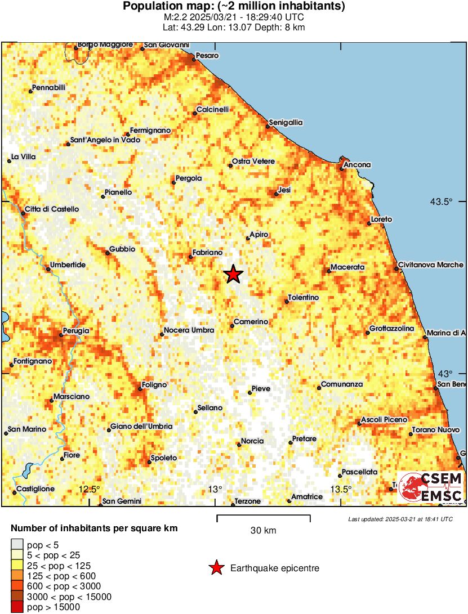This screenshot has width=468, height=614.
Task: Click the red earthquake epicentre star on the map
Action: coord(233,274)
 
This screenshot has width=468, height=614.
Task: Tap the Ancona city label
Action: coord(358,164)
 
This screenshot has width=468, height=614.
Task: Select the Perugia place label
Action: coord(76,331)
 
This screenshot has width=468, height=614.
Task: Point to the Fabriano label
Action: coord(207,253)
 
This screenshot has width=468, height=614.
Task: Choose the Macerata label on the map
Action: coord(347,267)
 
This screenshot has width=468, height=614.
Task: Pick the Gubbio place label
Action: coord(122,249)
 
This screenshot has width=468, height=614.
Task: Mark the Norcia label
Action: coord(252,441)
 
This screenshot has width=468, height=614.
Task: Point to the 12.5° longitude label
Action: coord(90,488)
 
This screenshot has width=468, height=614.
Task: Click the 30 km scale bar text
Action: coord(263,530)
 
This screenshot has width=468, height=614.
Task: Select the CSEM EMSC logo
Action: coord(430,487)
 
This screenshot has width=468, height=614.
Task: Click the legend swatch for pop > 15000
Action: coord(17,607)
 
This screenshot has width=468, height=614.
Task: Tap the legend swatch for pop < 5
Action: coord(17,545)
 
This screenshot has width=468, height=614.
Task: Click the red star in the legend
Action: coord(216,568)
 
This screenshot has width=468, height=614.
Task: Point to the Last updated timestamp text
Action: coord(400,519)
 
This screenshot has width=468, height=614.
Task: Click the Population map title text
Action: coord(234,7)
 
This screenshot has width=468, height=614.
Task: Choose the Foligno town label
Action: coord(154,385)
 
